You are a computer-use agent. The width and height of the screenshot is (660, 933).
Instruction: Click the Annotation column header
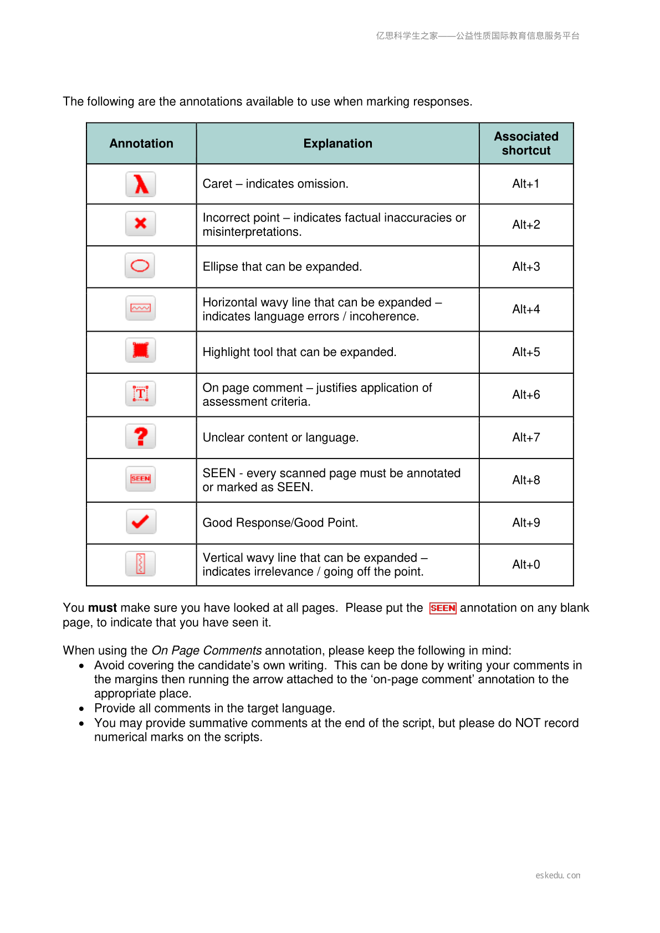click(141, 143)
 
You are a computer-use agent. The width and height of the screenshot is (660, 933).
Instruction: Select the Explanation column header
click(337, 143)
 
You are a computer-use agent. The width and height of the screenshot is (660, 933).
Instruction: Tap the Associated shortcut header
click(526, 143)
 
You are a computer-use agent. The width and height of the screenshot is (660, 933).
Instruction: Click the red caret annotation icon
click(141, 184)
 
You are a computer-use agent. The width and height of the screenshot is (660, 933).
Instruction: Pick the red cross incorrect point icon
click(141, 224)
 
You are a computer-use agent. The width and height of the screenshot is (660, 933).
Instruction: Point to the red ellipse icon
click(140, 266)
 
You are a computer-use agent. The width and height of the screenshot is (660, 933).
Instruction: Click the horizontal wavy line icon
click(141, 308)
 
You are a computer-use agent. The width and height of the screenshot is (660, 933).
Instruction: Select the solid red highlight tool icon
click(141, 350)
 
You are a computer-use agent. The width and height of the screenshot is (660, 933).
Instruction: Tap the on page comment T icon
click(141, 394)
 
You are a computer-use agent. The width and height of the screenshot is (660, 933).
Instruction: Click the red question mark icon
click(141, 436)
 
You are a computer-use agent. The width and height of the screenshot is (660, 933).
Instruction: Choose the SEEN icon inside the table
click(141, 479)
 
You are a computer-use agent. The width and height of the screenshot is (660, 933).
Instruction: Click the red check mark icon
click(141, 522)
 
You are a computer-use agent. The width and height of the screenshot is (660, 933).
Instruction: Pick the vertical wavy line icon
click(141, 564)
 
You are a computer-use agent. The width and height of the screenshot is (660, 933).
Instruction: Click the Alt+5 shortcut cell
click(526, 352)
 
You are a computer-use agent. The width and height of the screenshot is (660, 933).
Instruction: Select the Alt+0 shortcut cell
click(526, 565)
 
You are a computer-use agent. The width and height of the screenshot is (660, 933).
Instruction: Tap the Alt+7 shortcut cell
click(526, 437)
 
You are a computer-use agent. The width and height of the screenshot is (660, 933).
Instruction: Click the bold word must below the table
click(103, 608)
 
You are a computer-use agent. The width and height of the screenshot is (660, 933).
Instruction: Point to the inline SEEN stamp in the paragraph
click(443, 608)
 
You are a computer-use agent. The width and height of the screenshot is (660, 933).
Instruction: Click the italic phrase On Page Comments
click(207, 651)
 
